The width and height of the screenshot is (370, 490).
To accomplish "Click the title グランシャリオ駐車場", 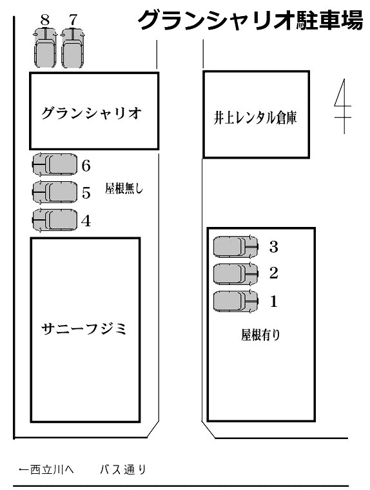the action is (x=250, y=20).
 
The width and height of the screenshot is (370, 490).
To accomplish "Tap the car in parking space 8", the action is (x=45, y=48).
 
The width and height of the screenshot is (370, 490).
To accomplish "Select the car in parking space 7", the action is (x=73, y=48).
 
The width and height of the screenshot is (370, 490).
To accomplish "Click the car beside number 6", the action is (x=55, y=164).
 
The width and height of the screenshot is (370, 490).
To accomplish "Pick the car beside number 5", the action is (x=55, y=192).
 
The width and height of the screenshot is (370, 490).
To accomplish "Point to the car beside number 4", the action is (x=55, y=220).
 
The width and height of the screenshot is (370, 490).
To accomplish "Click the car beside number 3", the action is (x=236, y=247).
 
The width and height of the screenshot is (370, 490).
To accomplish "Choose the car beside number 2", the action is (x=236, y=274).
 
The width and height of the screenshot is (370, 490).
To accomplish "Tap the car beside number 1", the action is (x=236, y=302).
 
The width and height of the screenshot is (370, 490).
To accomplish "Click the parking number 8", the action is (x=45, y=20).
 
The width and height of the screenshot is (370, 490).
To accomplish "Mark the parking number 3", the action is (x=274, y=246).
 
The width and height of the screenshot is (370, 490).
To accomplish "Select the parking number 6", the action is (x=86, y=165).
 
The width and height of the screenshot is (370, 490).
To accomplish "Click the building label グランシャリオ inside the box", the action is (x=92, y=113).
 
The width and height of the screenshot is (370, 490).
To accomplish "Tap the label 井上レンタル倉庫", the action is (x=255, y=117).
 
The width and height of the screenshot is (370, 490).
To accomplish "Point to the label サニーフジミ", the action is (x=84, y=329).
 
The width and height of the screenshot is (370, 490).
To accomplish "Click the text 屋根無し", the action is (x=124, y=188).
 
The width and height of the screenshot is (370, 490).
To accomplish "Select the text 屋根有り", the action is (x=260, y=335).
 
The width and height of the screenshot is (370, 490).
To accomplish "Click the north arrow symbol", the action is (x=344, y=106).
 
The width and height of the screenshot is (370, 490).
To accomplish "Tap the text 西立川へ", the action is (x=52, y=469).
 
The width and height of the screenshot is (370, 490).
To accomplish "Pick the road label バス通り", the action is (x=123, y=469).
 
